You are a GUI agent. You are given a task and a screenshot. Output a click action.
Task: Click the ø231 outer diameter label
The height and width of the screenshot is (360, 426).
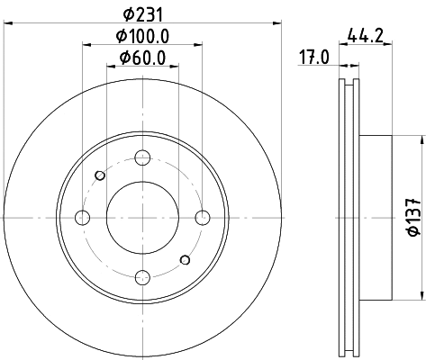(x=141, y=14)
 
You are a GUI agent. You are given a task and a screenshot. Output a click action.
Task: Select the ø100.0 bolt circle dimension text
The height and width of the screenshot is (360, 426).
(x=142, y=36)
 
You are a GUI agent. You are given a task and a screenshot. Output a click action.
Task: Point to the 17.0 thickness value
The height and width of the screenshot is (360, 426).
(x=313, y=59)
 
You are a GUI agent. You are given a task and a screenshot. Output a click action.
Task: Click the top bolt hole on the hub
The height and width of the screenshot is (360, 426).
(x=142, y=158)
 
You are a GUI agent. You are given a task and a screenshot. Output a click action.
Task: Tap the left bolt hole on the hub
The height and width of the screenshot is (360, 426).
(x=83, y=217)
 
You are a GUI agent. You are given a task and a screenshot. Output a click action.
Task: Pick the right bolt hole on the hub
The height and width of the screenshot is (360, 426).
(x=202, y=217)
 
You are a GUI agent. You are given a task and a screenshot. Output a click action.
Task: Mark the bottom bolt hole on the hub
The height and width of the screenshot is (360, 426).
(x=142, y=276)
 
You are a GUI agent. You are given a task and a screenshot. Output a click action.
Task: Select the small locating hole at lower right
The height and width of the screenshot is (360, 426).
(x=186, y=260)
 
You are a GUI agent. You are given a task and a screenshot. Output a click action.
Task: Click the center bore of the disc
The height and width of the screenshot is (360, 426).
(x=142, y=217)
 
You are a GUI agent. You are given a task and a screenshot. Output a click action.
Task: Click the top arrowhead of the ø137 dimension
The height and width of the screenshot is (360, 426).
(x=421, y=139)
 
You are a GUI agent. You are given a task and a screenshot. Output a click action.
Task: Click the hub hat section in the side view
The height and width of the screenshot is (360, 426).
(x=376, y=217)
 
